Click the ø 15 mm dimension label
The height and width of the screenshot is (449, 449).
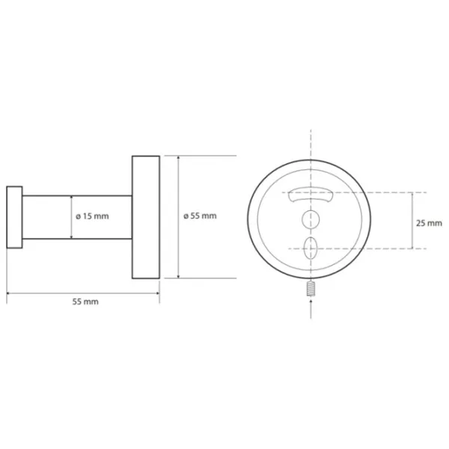[x=92, y=216]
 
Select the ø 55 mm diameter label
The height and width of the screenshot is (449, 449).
[x=200, y=216]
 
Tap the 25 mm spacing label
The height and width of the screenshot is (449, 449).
[x=429, y=223]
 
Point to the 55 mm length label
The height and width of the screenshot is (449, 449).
[x=85, y=302]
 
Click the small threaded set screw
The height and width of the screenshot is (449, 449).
[x=311, y=289]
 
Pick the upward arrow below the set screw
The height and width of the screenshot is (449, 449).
[x=311, y=308]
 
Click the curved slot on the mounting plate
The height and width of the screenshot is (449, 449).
[x=311, y=195]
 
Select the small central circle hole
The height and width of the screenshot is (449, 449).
[x=311, y=219]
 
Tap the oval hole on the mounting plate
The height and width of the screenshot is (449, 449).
[x=311, y=248]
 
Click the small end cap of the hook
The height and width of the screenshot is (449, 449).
[x=14, y=217]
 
